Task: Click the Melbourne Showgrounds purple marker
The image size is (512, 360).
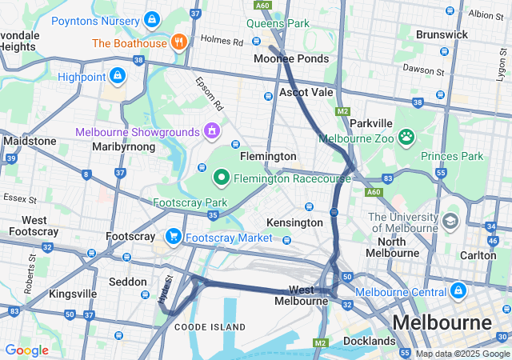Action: tap(212, 130)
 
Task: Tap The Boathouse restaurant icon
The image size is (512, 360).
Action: tap(178, 42)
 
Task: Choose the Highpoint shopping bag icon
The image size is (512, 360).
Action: tap(118, 76)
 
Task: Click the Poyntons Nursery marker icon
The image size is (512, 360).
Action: tap(152, 20)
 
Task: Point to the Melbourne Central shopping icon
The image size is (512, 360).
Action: tap(458, 290)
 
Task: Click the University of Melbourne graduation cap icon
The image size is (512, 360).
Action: tap(451, 220)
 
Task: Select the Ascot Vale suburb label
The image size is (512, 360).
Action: tap(306, 93)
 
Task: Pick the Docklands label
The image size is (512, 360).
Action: tap(370, 342)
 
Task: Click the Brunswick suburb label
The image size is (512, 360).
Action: tap(442, 34)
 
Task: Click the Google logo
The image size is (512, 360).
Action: tap(26, 350)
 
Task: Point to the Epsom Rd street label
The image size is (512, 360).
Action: tap(207, 94)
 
